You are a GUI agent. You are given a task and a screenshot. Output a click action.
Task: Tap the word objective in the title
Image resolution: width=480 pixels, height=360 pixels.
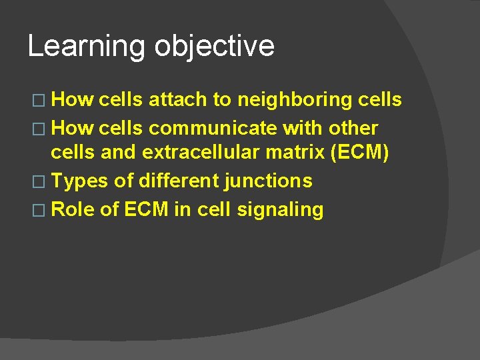pyautogui.click(x=214, y=47)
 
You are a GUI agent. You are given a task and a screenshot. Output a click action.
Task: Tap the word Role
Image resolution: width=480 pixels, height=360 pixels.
pyautogui.click(x=73, y=209)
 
